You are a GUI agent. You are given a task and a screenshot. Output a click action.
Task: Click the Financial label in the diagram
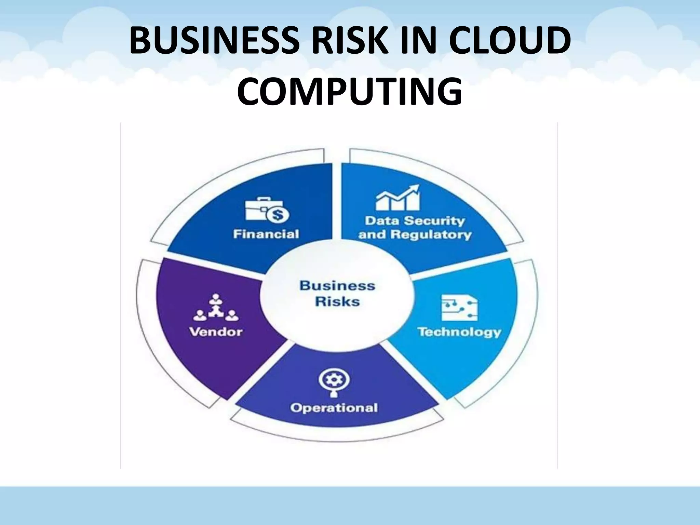tap(266, 234)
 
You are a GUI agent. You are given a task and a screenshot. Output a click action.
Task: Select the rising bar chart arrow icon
tap(398, 198)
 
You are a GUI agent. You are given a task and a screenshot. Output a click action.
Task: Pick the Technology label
tap(459, 332)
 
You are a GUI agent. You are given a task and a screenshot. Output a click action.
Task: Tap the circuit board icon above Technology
tap(459, 307)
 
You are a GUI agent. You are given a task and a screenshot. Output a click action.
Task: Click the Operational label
tap(334, 408)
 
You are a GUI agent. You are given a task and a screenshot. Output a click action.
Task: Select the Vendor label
tap(216, 332)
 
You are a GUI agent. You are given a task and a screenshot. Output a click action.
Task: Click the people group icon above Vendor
tap(216, 307)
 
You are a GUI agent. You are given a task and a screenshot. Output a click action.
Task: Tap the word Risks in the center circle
tap(337, 302)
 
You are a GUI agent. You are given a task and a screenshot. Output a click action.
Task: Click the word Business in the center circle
tap(337, 286)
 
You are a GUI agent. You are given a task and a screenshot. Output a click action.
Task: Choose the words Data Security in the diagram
tap(415, 221)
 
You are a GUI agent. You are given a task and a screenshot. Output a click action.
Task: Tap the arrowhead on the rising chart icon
tap(415, 188)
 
